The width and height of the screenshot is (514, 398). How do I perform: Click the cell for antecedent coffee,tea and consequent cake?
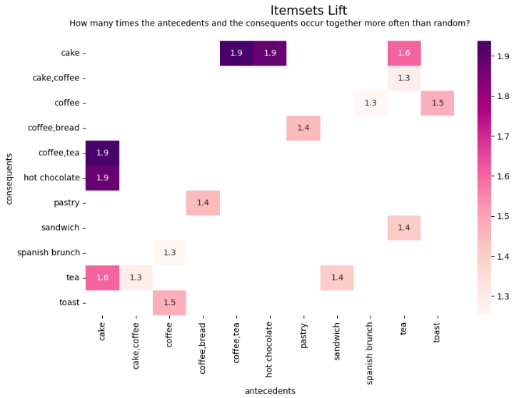click(x=236, y=53)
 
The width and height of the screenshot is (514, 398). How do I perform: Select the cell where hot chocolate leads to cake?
click(x=270, y=53)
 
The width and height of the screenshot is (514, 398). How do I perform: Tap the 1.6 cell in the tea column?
click(x=404, y=53)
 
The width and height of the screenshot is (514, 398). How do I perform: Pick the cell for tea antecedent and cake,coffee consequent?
click(x=404, y=78)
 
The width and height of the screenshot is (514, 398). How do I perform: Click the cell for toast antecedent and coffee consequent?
click(x=438, y=103)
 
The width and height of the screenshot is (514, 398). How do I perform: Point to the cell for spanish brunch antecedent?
click(x=371, y=103)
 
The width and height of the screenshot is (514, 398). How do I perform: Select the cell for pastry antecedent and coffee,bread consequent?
click(x=303, y=128)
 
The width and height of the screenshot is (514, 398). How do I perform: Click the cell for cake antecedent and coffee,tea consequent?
click(x=102, y=153)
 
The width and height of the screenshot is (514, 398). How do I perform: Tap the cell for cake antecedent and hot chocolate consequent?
click(x=102, y=178)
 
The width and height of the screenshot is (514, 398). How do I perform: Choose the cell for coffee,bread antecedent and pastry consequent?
click(x=203, y=203)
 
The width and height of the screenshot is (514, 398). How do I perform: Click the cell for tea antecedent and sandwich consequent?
click(x=404, y=228)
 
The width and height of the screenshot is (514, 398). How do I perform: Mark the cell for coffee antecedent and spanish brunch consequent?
click(x=169, y=252)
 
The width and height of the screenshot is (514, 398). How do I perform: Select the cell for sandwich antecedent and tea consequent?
click(x=337, y=277)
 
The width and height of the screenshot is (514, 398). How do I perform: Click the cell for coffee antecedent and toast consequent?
click(x=169, y=302)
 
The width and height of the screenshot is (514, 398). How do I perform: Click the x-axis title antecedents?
click(x=270, y=390)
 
